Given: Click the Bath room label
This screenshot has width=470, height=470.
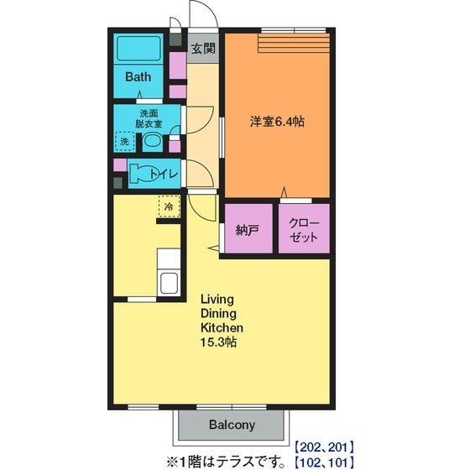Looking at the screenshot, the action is click(138, 77).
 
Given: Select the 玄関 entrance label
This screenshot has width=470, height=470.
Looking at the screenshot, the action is click(203, 49).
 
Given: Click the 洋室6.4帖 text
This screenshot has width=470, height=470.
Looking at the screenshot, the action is click(277, 122).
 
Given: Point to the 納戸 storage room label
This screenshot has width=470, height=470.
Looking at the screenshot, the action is click(248, 230).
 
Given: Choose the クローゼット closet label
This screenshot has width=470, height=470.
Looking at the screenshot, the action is click(304, 230).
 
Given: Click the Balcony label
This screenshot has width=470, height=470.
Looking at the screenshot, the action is click(232, 425).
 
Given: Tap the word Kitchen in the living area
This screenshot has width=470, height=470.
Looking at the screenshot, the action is click(222, 327).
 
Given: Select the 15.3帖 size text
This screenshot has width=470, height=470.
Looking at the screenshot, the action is click(218, 342).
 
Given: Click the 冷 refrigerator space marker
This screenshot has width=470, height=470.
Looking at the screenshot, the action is click(169, 206).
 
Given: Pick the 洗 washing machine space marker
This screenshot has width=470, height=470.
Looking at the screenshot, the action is click(124, 141).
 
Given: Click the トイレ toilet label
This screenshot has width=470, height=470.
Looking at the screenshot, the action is click(164, 175).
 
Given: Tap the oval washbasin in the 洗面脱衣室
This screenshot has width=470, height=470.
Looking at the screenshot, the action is click(152, 141).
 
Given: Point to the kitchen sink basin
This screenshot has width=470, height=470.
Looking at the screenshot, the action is click(169, 283).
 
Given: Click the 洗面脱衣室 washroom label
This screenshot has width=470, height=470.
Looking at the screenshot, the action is click(149, 118).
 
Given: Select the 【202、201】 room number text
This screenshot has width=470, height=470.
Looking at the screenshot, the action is click(324, 447).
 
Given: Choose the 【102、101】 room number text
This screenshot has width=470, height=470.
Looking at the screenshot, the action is click(324, 462).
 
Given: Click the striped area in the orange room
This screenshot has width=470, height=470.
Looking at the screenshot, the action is click(294, 43).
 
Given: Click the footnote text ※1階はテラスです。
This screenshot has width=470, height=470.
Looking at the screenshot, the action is click(227, 462).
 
